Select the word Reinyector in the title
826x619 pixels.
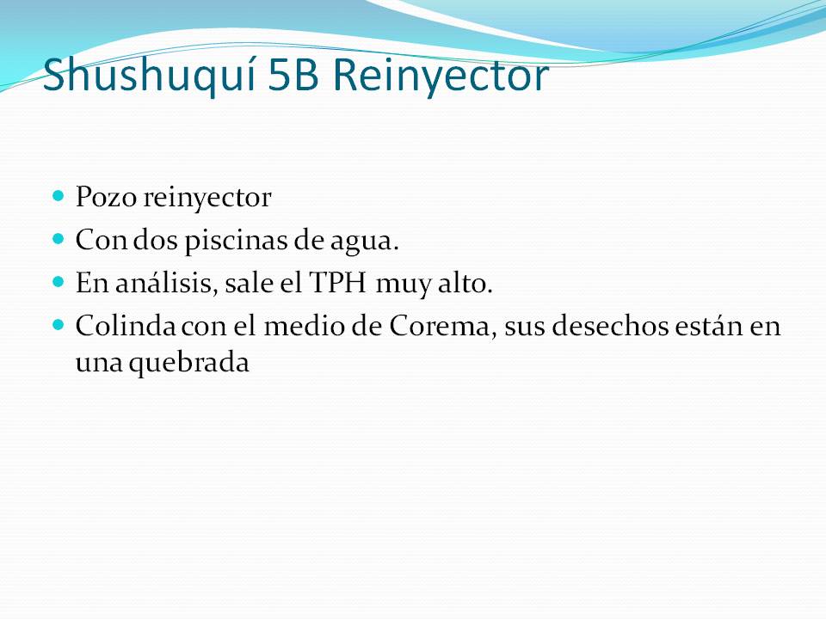[x=440, y=76]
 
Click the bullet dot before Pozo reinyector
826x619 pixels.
[x=59, y=196]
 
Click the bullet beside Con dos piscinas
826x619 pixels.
[x=59, y=238]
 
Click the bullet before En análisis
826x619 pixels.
[x=59, y=281]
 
